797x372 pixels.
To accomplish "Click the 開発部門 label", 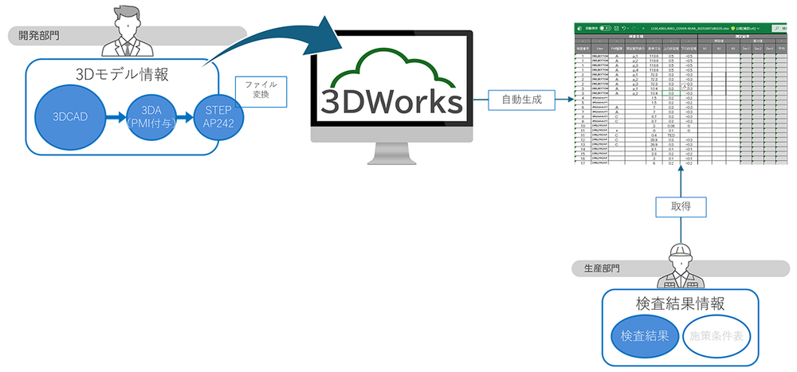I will point(40,35).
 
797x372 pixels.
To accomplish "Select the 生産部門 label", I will point(598,268).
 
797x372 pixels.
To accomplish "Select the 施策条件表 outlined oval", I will point(715,336).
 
